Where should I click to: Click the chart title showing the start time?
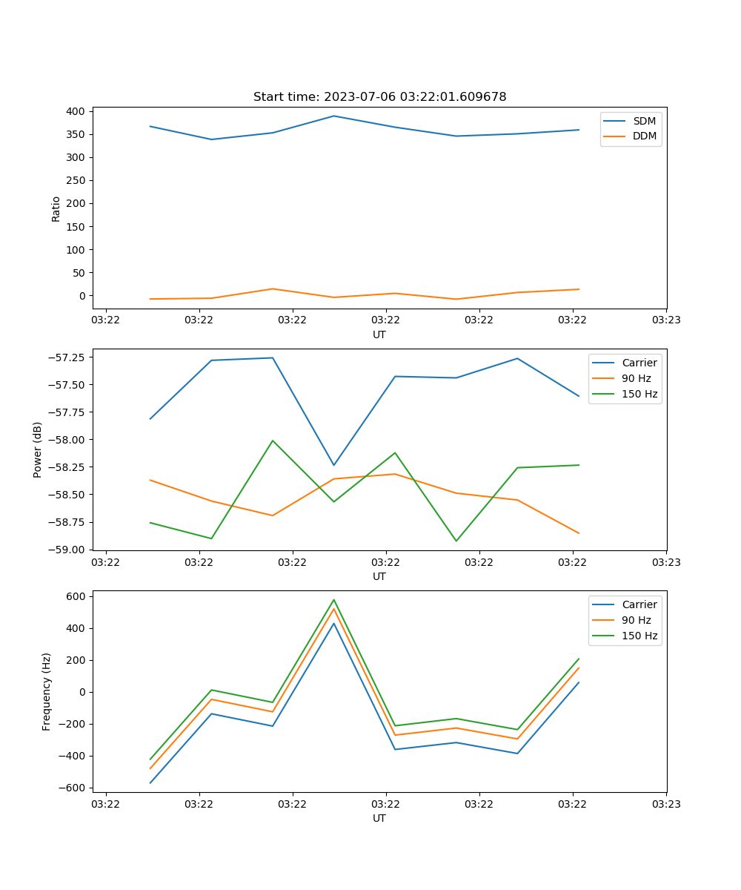379,97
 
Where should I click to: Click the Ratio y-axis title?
56,209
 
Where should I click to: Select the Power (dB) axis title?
38,449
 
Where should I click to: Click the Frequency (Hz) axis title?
47,691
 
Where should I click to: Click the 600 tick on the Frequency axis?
77,596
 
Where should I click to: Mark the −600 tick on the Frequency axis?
74,788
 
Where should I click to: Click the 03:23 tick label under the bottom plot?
666,803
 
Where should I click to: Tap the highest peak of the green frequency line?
333,600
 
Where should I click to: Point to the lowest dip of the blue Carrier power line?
333,465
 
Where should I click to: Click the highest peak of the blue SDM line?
333,116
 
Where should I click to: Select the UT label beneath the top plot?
379,334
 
